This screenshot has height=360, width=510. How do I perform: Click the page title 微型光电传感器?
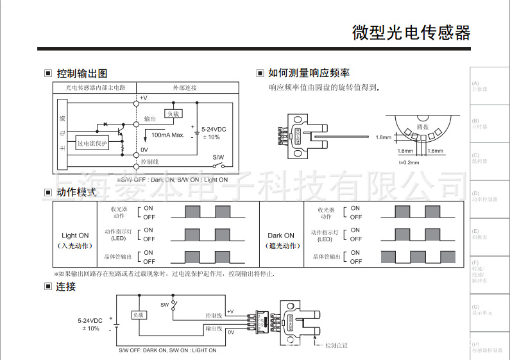click(411, 33)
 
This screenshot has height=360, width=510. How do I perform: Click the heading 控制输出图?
click(81, 73)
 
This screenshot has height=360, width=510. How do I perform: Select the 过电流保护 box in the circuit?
click(92, 144)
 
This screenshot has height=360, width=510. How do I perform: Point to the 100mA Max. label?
click(168, 135)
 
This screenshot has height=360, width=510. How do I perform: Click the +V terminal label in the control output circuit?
click(143, 98)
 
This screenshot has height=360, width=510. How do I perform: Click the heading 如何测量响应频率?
click(308, 73)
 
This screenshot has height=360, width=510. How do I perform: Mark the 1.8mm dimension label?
click(383, 137)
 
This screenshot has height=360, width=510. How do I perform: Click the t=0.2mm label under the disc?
click(409, 162)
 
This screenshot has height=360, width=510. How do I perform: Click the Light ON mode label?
click(75, 236)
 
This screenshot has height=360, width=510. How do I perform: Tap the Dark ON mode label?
click(281, 236)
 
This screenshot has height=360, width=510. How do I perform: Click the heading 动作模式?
click(76, 192)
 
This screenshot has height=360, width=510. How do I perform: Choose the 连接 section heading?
click(66, 286)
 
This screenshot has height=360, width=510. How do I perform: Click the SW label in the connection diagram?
click(164, 304)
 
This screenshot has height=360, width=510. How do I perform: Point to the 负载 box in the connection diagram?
click(139, 315)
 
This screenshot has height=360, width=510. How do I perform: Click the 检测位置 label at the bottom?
click(336, 345)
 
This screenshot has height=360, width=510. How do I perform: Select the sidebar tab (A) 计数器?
click(479, 86)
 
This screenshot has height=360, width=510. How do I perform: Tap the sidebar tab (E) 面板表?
click(479, 234)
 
